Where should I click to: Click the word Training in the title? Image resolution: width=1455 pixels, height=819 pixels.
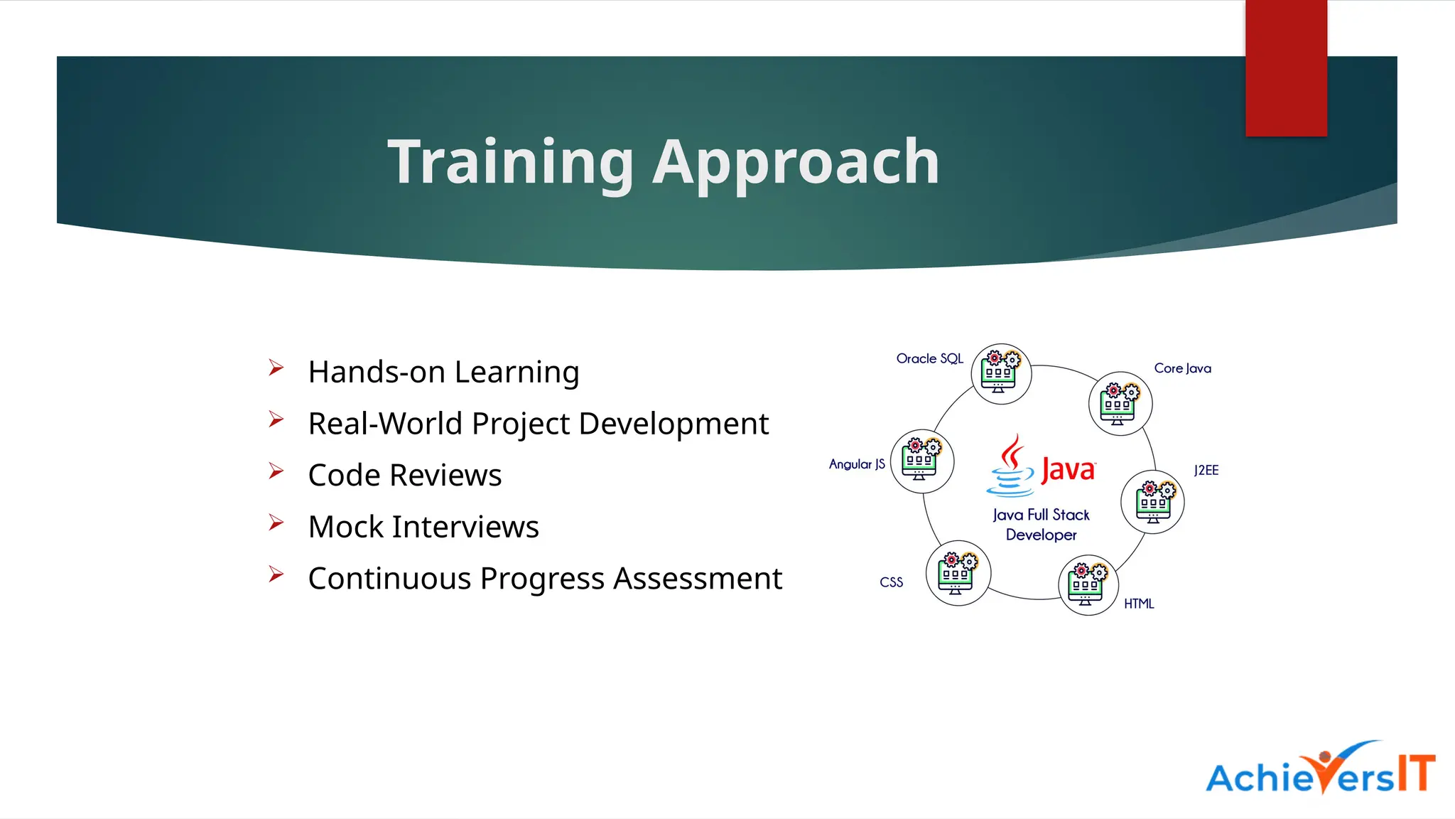[510, 163]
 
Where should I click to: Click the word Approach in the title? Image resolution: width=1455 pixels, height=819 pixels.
[796, 163]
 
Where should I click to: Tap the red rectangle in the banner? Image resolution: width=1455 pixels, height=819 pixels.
[1286, 68]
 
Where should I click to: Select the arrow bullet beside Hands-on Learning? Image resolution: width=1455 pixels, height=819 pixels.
[276, 368]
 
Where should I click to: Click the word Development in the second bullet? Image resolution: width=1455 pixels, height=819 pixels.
[673, 424]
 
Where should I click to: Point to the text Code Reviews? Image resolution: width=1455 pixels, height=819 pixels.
[405, 475]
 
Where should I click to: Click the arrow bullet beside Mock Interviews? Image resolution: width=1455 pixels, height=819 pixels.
[276, 523]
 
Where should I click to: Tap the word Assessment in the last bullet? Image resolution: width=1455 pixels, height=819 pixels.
[697, 578]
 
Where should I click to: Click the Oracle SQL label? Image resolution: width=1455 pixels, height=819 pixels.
[929, 358]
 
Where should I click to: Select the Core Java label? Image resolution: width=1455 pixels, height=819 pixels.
[1182, 368]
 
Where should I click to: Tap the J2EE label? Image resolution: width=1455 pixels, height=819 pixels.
[1206, 470]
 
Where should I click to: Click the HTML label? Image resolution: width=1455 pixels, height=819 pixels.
[1138, 604]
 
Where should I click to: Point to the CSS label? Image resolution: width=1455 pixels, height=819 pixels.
[891, 582]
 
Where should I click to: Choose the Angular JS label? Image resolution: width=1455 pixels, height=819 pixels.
[857, 464]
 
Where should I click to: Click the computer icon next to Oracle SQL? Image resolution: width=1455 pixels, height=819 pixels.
[1001, 374]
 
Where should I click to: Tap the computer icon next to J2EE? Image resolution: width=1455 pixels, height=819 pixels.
[1152, 502]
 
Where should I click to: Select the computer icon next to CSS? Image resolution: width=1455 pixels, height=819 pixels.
[958, 573]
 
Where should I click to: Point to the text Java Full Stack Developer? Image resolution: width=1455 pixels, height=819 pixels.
[1041, 525]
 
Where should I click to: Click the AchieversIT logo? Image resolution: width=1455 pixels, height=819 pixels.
[1320, 771]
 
